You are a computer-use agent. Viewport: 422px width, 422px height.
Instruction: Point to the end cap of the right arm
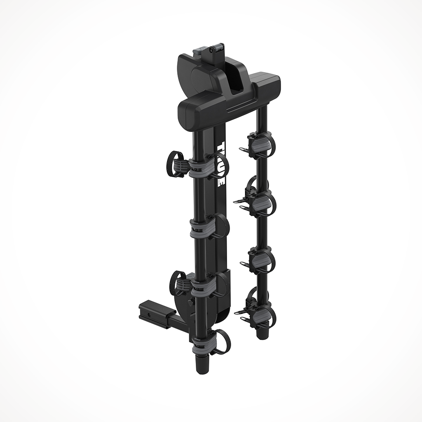[260, 333]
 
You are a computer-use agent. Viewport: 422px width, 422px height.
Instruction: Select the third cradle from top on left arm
[202, 286]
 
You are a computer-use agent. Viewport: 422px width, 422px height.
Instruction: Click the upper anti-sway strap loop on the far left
[175, 163]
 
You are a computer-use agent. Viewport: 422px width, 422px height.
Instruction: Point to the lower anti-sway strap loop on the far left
[178, 283]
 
